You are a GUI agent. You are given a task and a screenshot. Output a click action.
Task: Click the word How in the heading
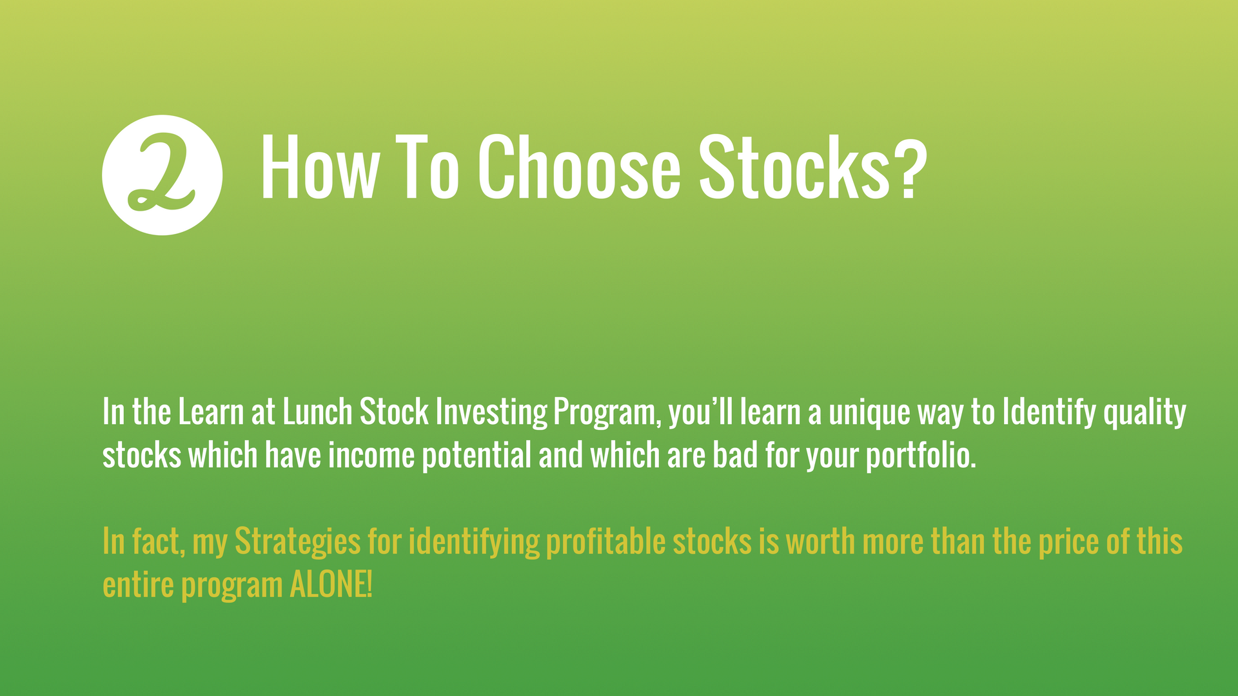click(319, 168)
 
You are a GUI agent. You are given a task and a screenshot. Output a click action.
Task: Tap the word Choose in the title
click(579, 168)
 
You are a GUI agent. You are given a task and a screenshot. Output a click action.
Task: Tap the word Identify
click(1049, 413)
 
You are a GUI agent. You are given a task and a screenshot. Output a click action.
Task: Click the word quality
click(1145, 413)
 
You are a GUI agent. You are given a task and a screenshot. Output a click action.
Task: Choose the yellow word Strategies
click(297, 542)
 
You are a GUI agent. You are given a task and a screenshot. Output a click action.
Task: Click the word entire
click(138, 585)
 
